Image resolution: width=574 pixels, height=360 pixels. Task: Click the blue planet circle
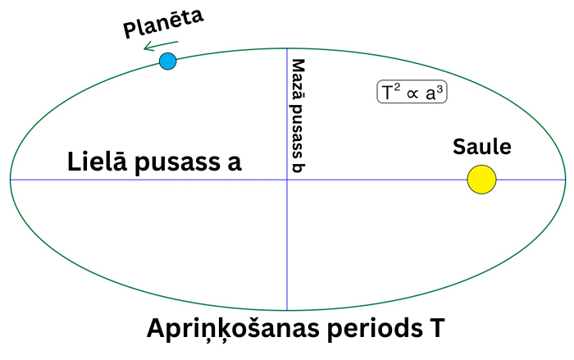[x=167, y=61]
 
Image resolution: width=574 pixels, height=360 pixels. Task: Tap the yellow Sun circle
[x=481, y=180]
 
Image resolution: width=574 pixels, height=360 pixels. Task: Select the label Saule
[x=482, y=148]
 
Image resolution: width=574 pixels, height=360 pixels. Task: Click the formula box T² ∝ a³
[x=412, y=93]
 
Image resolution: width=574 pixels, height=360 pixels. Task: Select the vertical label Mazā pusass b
[x=298, y=115]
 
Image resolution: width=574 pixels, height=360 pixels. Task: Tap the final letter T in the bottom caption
[x=437, y=329]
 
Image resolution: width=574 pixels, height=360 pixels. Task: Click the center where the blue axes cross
[x=287, y=180]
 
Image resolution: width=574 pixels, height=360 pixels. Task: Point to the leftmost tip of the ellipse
[x=10, y=180]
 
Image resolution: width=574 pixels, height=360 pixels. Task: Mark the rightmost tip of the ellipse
[x=565, y=180]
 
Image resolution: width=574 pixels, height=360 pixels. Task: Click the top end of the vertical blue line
[x=287, y=50]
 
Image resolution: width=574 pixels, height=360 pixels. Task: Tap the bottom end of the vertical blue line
[x=287, y=310]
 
